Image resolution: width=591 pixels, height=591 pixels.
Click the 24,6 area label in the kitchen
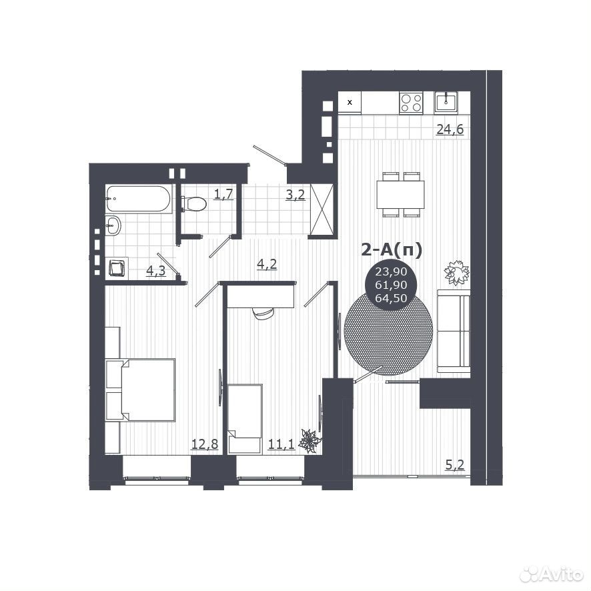click(x=450, y=129)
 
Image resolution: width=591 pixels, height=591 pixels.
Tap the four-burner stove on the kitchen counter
click(x=411, y=103)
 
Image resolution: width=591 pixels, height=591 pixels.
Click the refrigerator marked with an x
click(x=350, y=102)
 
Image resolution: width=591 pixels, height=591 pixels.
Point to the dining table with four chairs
click(x=401, y=195)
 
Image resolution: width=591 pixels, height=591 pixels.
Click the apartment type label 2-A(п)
click(x=392, y=249)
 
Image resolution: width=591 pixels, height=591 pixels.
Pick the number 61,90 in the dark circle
click(x=391, y=285)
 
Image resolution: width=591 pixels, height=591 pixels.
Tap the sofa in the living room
click(x=454, y=331)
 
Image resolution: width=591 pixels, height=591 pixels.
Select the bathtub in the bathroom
click(x=139, y=198)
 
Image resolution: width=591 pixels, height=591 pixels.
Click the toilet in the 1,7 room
click(x=193, y=203)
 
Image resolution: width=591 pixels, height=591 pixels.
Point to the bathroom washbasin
click(x=113, y=225)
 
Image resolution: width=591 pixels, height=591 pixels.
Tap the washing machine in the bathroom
click(x=117, y=268)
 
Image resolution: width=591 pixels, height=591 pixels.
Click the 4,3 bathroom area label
click(x=155, y=271)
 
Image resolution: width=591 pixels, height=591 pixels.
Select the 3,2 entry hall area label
click(x=295, y=195)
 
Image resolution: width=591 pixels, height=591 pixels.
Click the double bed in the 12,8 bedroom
click(x=141, y=390)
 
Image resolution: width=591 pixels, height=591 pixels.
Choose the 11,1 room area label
click(x=281, y=444)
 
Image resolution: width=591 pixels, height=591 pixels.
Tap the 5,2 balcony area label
click(x=455, y=465)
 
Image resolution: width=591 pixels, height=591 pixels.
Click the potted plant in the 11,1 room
click(x=310, y=441)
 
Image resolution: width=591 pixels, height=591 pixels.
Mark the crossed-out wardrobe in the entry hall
click(x=322, y=209)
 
